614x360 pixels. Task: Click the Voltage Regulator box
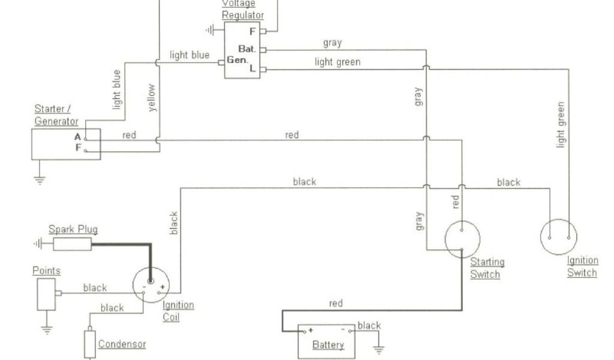[242, 51]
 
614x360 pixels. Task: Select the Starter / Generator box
[66, 144]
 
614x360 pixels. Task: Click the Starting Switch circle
[462, 239]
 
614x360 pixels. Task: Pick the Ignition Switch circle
[558, 237]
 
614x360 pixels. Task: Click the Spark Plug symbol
[72, 244]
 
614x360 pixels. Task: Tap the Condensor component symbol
[90, 344]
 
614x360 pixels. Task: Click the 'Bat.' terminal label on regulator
[247, 49]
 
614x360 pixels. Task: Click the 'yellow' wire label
[151, 98]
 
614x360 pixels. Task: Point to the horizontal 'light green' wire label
[338, 62]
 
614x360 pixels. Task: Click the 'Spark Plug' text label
[73, 229]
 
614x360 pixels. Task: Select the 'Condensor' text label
[122, 344]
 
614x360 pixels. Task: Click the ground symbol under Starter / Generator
[40, 179]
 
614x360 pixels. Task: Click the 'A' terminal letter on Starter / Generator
[77, 137]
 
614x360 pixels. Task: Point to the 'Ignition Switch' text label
[582, 267]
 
